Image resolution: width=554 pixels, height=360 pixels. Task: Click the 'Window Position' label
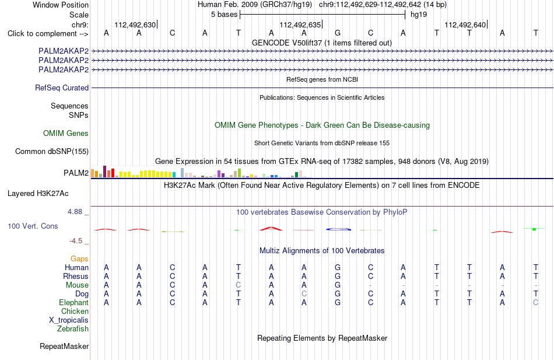61,5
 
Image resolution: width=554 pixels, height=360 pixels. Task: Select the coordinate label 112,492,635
300,25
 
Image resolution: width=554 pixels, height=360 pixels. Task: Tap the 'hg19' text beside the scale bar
419,15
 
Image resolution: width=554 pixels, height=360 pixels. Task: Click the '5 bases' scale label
224,15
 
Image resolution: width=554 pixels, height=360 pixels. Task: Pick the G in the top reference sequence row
338,33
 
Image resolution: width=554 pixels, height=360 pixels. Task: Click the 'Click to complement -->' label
48,34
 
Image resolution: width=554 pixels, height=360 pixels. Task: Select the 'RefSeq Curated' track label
62,88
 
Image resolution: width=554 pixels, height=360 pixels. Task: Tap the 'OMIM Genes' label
66,133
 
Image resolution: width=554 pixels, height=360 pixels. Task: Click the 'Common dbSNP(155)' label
52,151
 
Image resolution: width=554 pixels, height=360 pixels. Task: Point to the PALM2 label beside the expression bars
76,173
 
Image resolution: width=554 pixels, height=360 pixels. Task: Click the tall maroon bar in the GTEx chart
104,172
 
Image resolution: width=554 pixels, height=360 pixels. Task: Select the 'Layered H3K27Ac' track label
38,194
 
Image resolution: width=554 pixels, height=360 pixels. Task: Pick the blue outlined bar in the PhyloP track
338,229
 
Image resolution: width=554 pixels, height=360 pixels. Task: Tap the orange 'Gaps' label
79,259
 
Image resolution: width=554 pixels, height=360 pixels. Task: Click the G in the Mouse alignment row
338,285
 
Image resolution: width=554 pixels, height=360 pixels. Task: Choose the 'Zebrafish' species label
73,329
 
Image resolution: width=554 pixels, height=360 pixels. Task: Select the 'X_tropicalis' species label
69,320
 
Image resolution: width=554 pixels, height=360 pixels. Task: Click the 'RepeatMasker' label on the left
64,346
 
